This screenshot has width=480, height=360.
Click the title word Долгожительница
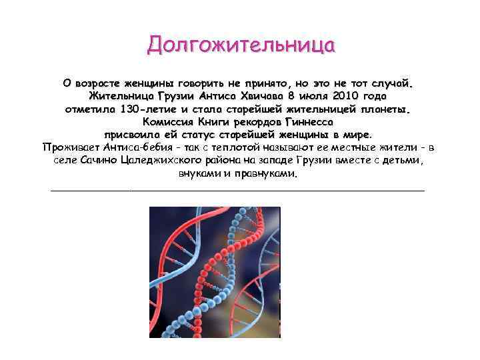pyautogui.click(x=241, y=45)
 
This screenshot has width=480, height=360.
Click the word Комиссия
pyautogui.click(x=167, y=122)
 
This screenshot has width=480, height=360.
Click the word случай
pyautogui.click(x=393, y=84)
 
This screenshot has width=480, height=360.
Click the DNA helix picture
pyautogui.click(x=214, y=272)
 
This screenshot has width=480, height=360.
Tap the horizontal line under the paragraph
pyautogui.click(x=238, y=191)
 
